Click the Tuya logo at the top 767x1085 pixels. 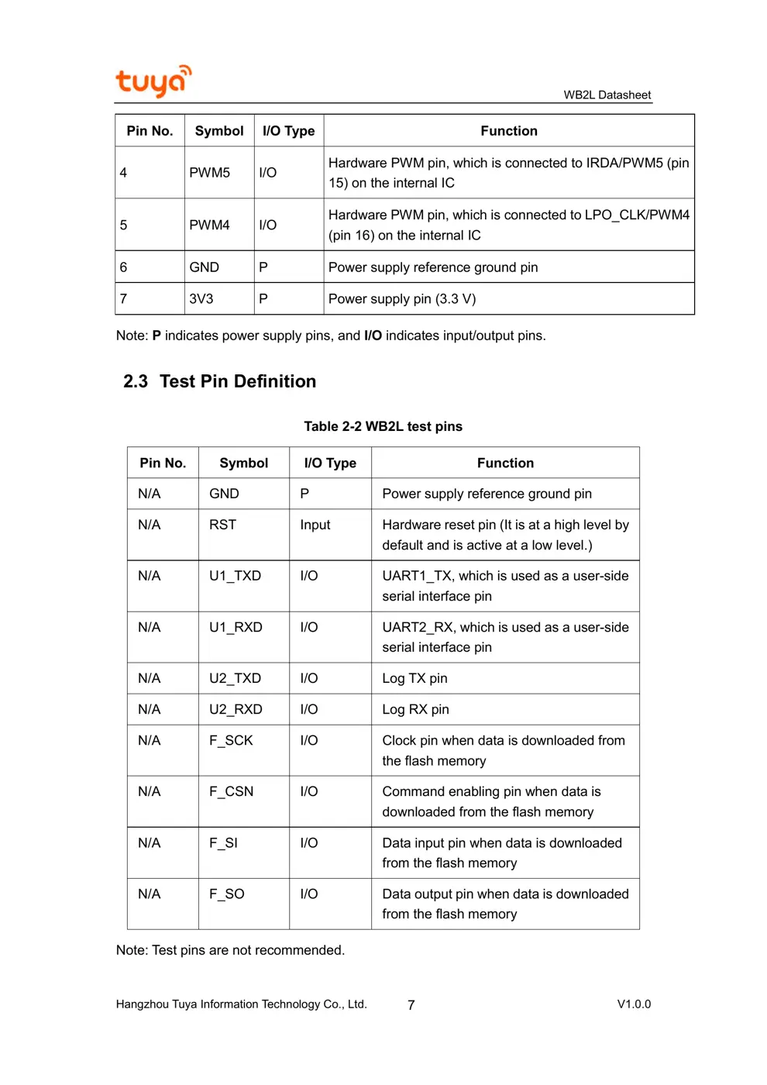click(x=153, y=81)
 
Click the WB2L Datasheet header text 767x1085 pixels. click(x=607, y=95)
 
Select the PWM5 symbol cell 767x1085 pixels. click(x=210, y=173)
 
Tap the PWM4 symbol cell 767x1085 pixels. click(x=210, y=226)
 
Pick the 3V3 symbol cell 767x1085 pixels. click(x=201, y=299)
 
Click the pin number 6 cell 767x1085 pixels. click(x=124, y=267)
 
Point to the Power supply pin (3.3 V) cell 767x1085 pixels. click(x=402, y=299)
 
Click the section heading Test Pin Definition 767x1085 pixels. click(x=220, y=381)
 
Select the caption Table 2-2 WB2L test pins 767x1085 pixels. click(x=383, y=426)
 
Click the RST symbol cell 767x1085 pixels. click(x=222, y=525)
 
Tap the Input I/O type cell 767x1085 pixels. click(x=315, y=525)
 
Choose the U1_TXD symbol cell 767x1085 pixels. click(x=235, y=576)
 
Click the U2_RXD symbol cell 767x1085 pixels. click(x=236, y=709)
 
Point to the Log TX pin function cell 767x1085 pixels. click(x=414, y=678)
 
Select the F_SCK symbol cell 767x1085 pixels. click(x=231, y=740)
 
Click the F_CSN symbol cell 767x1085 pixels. click(x=231, y=791)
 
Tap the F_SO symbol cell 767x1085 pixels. click(x=227, y=894)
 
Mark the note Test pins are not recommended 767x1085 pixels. click(x=230, y=950)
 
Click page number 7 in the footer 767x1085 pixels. click(x=411, y=1005)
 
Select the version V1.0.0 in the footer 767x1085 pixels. click(x=634, y=1004)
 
